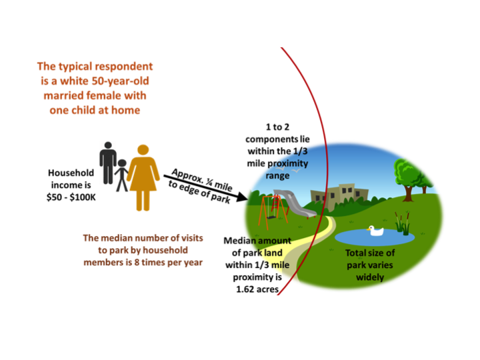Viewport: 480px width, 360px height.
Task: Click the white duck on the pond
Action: pyautogui.click(x=376, y=231)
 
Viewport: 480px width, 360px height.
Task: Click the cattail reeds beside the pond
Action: pyautogui.click(x=402, y=223)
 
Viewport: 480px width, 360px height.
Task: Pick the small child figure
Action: pyautogui.click(x=121, y=176)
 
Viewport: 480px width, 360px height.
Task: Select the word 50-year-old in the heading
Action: pyautogui.click(x=117, y=81)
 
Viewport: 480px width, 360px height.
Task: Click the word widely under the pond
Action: pyautogui.click(x=371, y=277)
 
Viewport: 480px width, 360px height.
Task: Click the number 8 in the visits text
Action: pyautogui.click(x=145, y=261)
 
